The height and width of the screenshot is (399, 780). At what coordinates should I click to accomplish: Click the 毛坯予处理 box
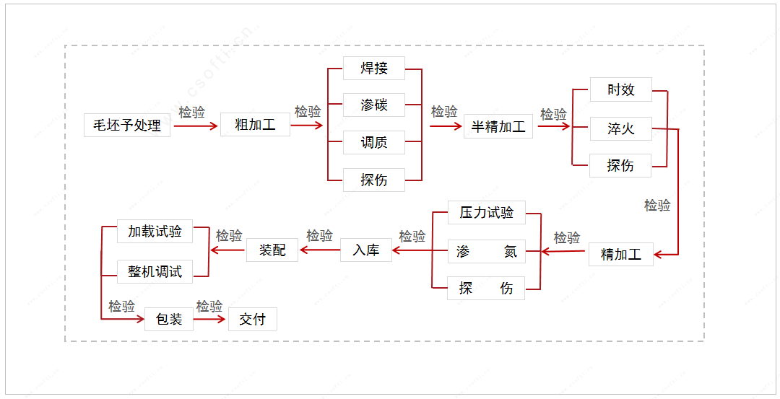coord(127,126)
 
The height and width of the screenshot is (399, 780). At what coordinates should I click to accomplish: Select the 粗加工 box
coord(255,124)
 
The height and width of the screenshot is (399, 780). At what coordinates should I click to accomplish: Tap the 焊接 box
coord(374,69)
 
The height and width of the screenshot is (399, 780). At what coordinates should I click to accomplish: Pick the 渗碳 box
coord(374,105)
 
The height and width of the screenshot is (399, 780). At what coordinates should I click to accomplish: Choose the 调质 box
coord(374,142)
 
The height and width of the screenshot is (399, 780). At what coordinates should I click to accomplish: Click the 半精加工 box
coord(498,126)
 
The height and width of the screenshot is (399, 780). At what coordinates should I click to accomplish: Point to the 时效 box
coord(620,89)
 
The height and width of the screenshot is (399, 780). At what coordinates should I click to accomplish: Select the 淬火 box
coord(620,129)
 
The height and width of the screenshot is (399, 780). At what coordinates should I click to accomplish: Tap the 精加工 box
coord(621,254)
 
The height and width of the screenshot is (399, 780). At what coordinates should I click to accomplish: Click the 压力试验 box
coord(486,213)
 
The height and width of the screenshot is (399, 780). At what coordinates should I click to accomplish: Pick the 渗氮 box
coord(486,251)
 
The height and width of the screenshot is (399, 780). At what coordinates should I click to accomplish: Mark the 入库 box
coord(366,250)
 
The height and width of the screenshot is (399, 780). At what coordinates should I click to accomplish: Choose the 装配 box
coord(272,250)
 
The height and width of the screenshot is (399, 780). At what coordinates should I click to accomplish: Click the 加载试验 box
coord(155,232)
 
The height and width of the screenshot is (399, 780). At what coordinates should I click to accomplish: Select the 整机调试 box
coord(155,271)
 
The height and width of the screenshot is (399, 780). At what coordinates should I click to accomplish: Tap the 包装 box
coord(169,319)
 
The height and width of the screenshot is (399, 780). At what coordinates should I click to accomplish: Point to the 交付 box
coord(253,319)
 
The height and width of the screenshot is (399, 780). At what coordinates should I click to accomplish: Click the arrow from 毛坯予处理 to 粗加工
coord(195,126)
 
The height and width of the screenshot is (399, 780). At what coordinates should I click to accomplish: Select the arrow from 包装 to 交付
coord(210,318)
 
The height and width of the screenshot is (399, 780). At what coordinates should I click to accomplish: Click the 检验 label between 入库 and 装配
coord(319,236)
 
